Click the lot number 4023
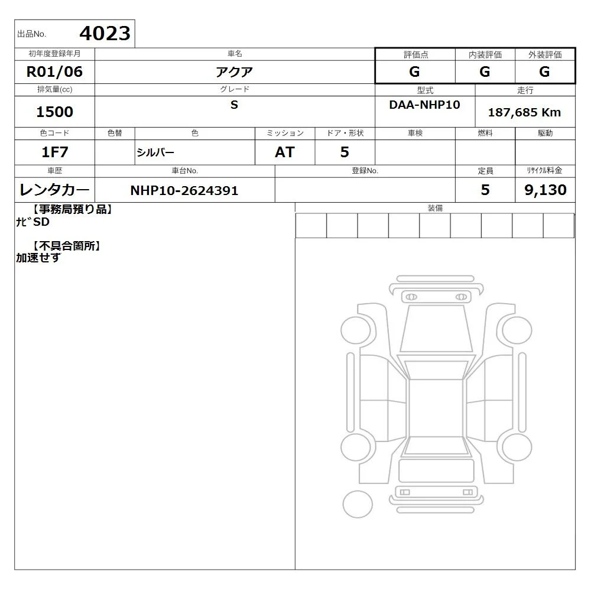click(105, 34)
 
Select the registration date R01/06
click(54, 72)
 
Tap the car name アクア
click(234, 72)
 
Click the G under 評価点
click(414, 72)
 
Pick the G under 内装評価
click(485, 72)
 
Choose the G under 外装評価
click(544, 72)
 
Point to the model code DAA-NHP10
click(424, 105)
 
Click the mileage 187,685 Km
click(524, 112)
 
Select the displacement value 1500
click(54, 112)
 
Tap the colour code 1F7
click(54, 152)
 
